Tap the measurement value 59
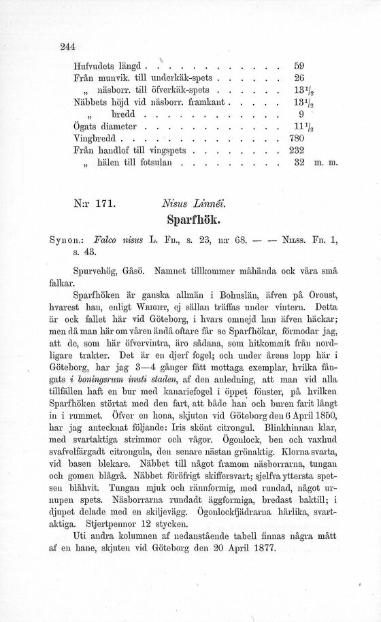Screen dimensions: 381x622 pyautogui.click(x=298, y=67)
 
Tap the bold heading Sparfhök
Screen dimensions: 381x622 pyautogui.click(x=190, y=221)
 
